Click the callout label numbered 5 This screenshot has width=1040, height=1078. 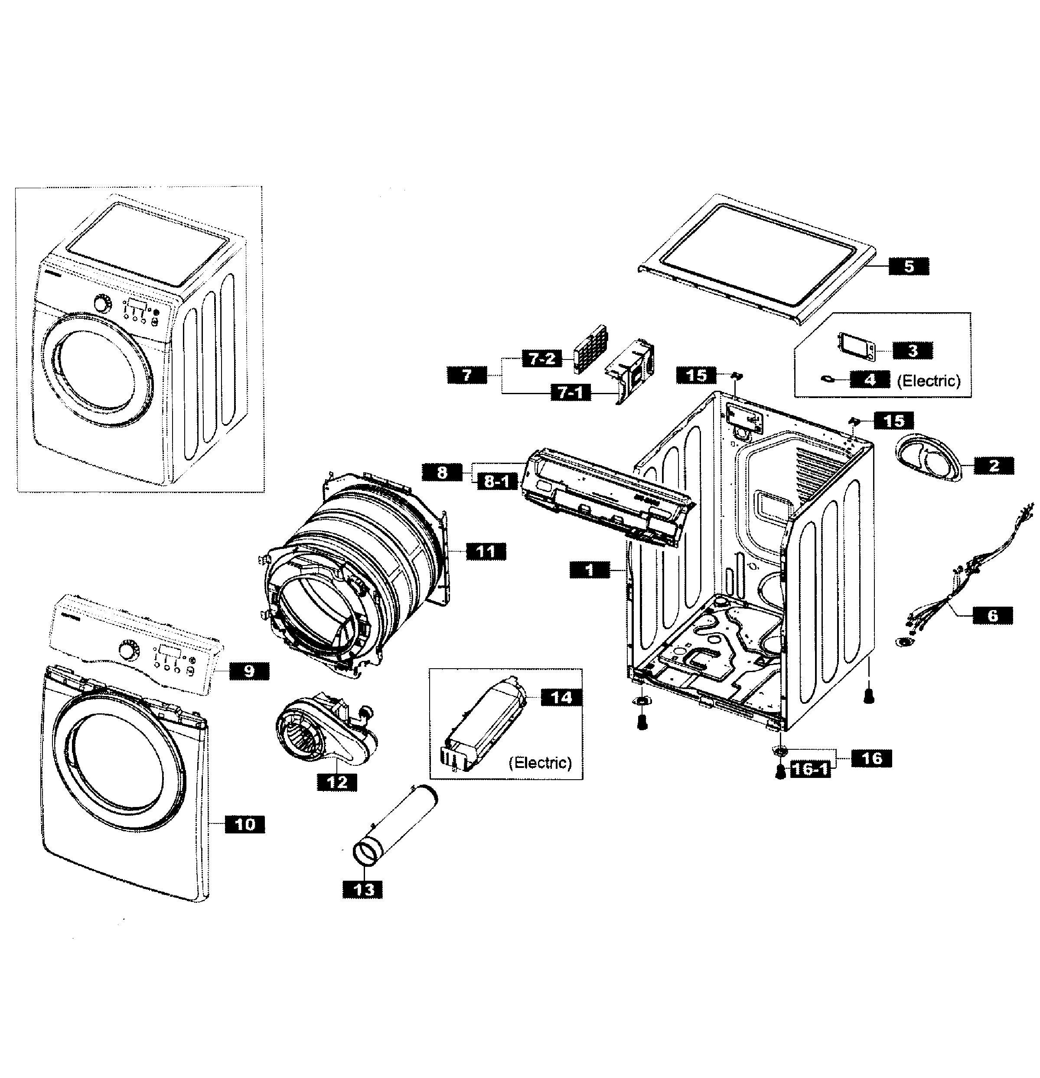click(909, 266)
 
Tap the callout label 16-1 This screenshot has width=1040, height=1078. click(810, 769)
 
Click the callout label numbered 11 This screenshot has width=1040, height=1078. click(486, 551)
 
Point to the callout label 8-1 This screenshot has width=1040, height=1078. click(497, 482)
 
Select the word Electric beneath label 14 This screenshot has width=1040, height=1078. click(540, 763)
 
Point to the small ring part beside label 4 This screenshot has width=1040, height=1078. click(828, 379)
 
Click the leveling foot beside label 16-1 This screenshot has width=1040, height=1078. click(780, 772)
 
